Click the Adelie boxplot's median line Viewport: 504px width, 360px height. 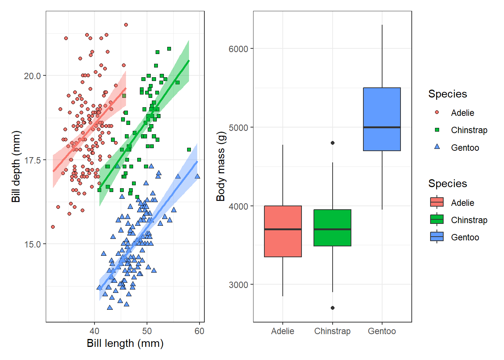point(283,229)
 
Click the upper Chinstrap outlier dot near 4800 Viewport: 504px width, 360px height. point(333,143)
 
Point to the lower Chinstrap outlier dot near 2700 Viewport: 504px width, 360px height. point(333,308)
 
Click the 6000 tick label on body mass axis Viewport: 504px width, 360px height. point(238,49)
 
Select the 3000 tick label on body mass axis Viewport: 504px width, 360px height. point(238,285)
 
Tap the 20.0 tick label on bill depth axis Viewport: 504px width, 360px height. point(32,76)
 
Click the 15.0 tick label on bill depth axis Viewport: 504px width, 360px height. point(32,244)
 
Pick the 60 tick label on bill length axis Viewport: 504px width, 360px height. point(199,331)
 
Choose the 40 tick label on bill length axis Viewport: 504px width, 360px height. point(94,331)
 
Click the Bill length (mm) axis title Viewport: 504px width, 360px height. point(125,343)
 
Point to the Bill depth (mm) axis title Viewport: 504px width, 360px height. point(16,166)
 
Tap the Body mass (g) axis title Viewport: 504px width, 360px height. point(221,166)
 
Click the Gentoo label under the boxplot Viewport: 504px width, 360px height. point(382,331)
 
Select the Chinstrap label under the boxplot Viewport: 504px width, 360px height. point(332,331)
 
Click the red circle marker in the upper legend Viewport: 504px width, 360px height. point(437,112)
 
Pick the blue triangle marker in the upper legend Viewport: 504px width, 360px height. point(437,147)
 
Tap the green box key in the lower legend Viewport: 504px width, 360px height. point(437,219)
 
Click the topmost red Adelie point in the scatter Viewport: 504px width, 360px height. point(126,25)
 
